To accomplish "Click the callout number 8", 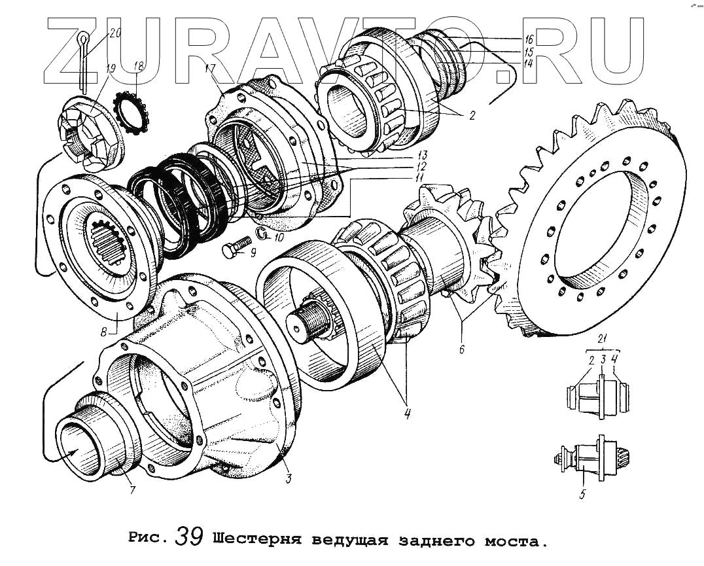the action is (x=104, y=332).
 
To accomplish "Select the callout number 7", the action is (x=132, y=488).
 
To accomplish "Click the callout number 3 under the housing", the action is (x=288, y=479).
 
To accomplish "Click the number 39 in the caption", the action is (x=189, y=538).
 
